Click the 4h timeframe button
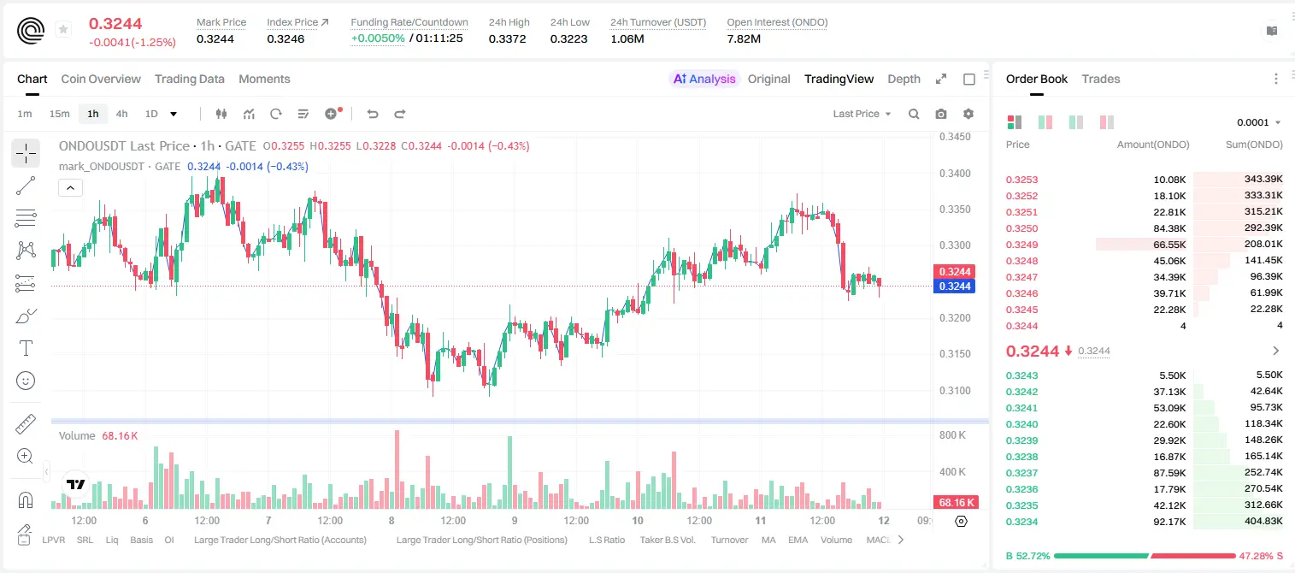coord(121,114)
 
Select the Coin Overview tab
coord(101,79)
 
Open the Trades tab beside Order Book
coord(1100,79)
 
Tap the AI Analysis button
coord(704,79)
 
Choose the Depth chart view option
coord(904,79)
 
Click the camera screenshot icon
coord(941,114)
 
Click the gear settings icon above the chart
coord(968,114)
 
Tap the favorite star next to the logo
coord(63,29)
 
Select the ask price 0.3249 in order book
coord(1021,245)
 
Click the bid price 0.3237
coord(1021,473)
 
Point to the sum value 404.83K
coord(1263,521)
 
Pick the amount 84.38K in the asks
coord(1169,228)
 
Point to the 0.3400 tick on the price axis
coord(955,174)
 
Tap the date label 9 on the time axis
coord(515,520)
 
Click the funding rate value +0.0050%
coord(378,38)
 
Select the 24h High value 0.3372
coord(507,38)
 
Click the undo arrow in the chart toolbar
coord(373,114)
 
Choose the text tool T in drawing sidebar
coord(26,348)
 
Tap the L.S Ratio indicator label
coord(606,540)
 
